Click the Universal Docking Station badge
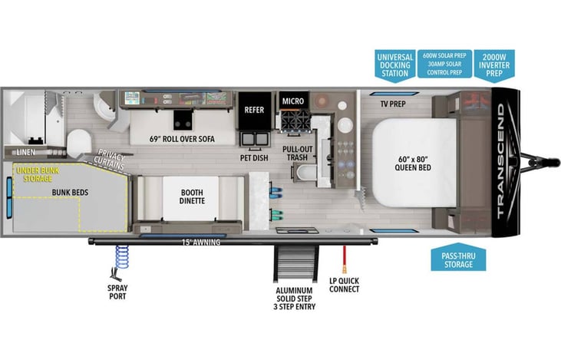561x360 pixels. (395, 66)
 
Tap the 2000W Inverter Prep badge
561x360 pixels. (494, 64)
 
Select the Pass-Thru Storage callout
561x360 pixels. (458, 257)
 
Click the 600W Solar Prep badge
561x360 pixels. (444, 64)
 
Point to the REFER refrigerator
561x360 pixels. (254, 111)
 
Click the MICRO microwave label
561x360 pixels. (293, 101)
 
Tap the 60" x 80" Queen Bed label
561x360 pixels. (413, 163)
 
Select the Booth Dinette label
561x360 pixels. (192, 197)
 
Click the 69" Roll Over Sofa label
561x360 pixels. (182, 139)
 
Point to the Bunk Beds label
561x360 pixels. (70, 193)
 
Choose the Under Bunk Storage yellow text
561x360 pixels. (38, 174)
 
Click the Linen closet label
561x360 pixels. (26, 153)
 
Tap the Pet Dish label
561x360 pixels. (254, 158)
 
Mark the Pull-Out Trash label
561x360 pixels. (297, 154)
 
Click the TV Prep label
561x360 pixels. (393, 104)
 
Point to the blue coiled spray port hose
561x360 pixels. (122, 257)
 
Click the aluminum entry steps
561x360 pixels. (296, 264)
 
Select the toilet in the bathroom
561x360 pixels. (79, 143)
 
